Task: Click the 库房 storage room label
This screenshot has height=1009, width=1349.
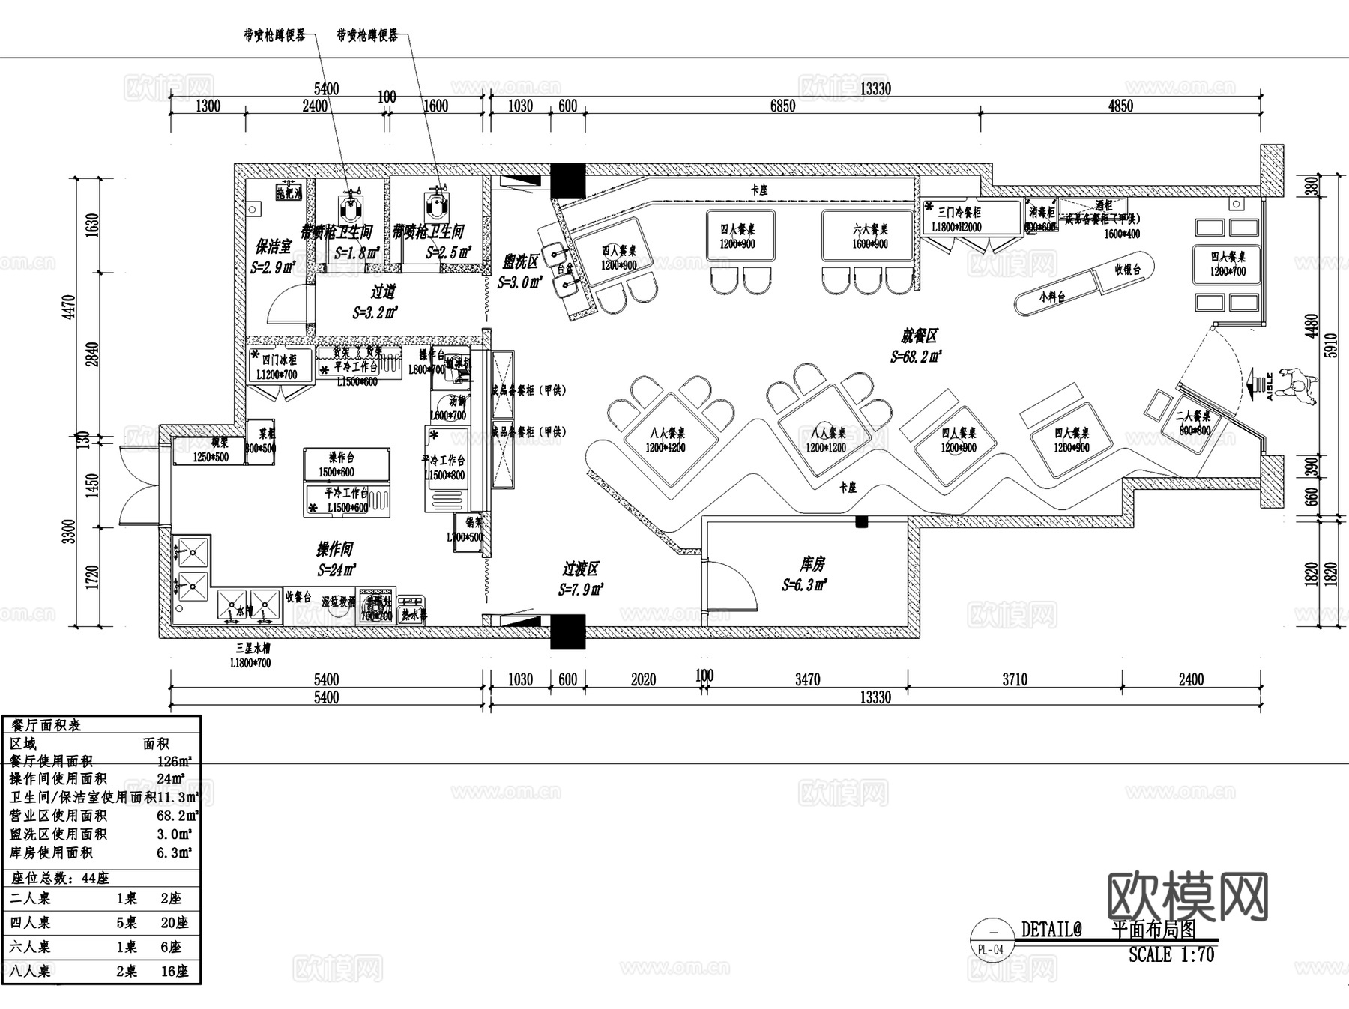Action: pyautogui.click(x=812, y=564)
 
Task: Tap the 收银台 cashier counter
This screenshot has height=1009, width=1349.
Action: pyautogui.click(x=1126, y=270)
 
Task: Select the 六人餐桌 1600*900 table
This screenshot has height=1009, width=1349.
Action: pyautogui.click(x=869, y=236)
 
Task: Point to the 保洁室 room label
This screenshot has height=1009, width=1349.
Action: pyautogui.click(x=273, y=246)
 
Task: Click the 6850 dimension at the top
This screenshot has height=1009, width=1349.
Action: pyautogui.click(x=782, y=106)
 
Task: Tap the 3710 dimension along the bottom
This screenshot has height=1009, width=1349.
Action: pyautogui.click(x=1014, y=679)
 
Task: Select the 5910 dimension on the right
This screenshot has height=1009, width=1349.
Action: pyautogui.click(x=1331, y=345)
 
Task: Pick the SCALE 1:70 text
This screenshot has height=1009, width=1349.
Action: pyautogui.click(x=1171, y=955)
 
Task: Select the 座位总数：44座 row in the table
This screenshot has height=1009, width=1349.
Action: pyautogui.click(x=60, y=878)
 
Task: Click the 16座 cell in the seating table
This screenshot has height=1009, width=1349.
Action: pyautogui.click(x=175, y=971)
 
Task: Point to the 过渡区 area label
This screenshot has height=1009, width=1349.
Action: pyautogui.click(x=580, y=569)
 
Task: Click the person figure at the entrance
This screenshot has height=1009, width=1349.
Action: pyautogui.click(x=1300, y=386)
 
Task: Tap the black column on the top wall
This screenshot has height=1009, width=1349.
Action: pyautogui.click(x=567, y=181)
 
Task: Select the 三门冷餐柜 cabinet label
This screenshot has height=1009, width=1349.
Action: pyautogui.click(x=959, y=212)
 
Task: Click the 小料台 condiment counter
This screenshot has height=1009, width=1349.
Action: pyautogui.click(x=1053, y=297)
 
